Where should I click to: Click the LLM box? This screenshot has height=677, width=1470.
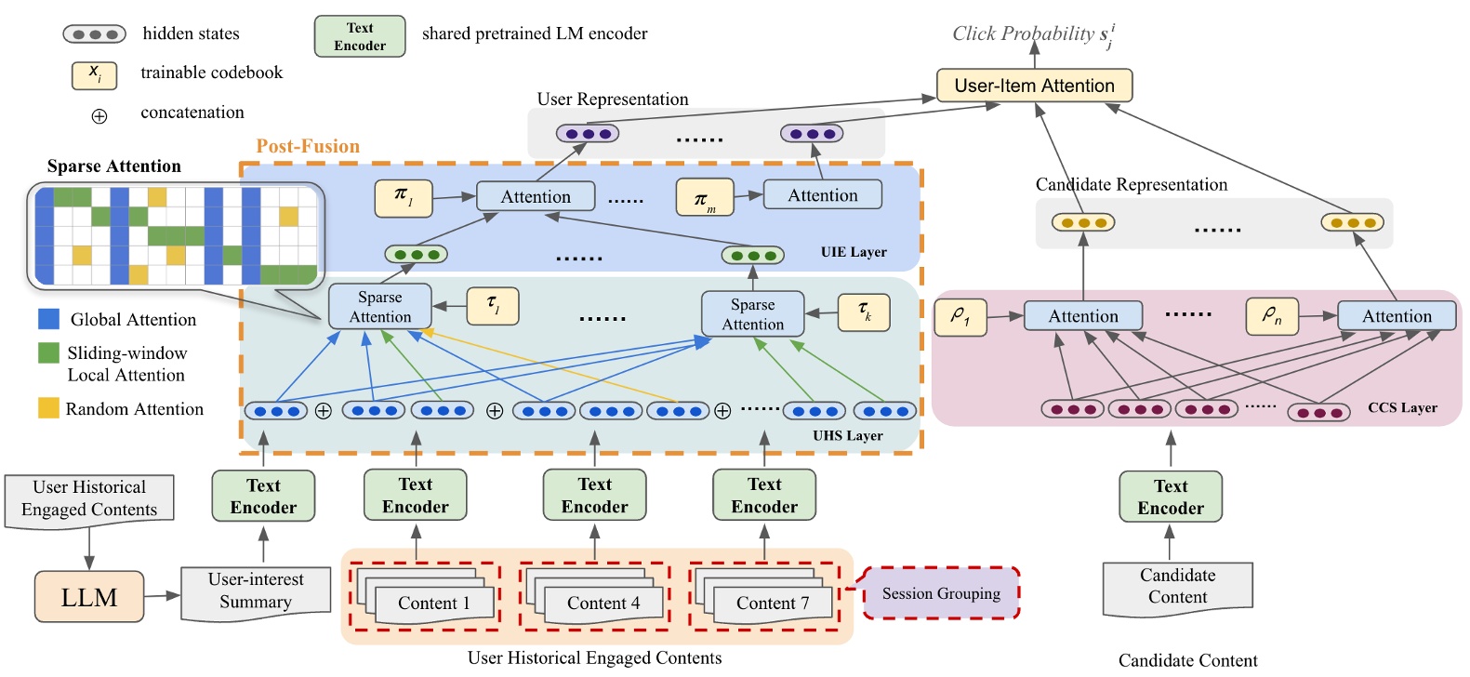point(89,597)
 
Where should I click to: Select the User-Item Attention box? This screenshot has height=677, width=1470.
point(1034,86)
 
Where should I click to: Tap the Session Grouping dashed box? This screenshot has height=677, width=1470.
point(941,593)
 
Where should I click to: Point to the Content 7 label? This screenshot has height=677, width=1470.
point(773,604)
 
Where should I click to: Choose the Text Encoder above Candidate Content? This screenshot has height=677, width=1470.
point(1170,497)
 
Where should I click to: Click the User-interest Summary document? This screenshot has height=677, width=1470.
point(256,591)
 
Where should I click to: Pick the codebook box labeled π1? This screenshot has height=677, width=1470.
point(403,197)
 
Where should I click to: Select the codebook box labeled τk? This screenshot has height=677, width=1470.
point(864,312)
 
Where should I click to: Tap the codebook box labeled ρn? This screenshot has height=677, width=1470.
point(1271,316)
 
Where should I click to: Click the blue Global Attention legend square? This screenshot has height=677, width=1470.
point(48,319)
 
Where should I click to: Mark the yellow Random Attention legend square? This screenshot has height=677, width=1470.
point(48,407)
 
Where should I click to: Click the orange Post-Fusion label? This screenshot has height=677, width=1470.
point(308,146)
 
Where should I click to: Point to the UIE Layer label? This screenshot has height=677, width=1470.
point(854,252)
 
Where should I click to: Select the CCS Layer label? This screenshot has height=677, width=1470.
point(1402,407)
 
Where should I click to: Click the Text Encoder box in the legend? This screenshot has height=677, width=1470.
point(360,36)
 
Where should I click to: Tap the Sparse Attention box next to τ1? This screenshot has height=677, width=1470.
point(379,306)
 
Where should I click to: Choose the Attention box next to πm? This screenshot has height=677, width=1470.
point(822,195)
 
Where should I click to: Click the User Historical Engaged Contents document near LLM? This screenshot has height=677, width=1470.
point(89,498)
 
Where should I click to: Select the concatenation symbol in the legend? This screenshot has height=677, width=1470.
point(99,116)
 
